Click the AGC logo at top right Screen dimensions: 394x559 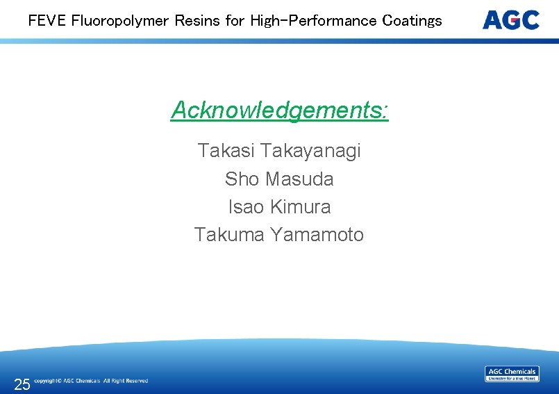pyautogui.click(x=510, y=19)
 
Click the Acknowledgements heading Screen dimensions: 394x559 pyautogui.click(x=279, y=110)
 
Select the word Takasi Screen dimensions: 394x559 pyautogui.click(x=226, y=151)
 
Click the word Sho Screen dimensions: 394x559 pyautogui.click(x=241, y=179)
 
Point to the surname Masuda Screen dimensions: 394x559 pyautogui.click(x=299, y=179)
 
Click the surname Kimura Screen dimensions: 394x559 pyautogui.click(x=300, y=207)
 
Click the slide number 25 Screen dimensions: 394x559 pyautogui.click(x=22, y=384)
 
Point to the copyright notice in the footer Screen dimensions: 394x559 pyautogui.click(x=91, y=381)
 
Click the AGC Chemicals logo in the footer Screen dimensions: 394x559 pyautogui.click(x=512, y=374)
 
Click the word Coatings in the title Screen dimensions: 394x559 pyautogui.click(x=412, y=20)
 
